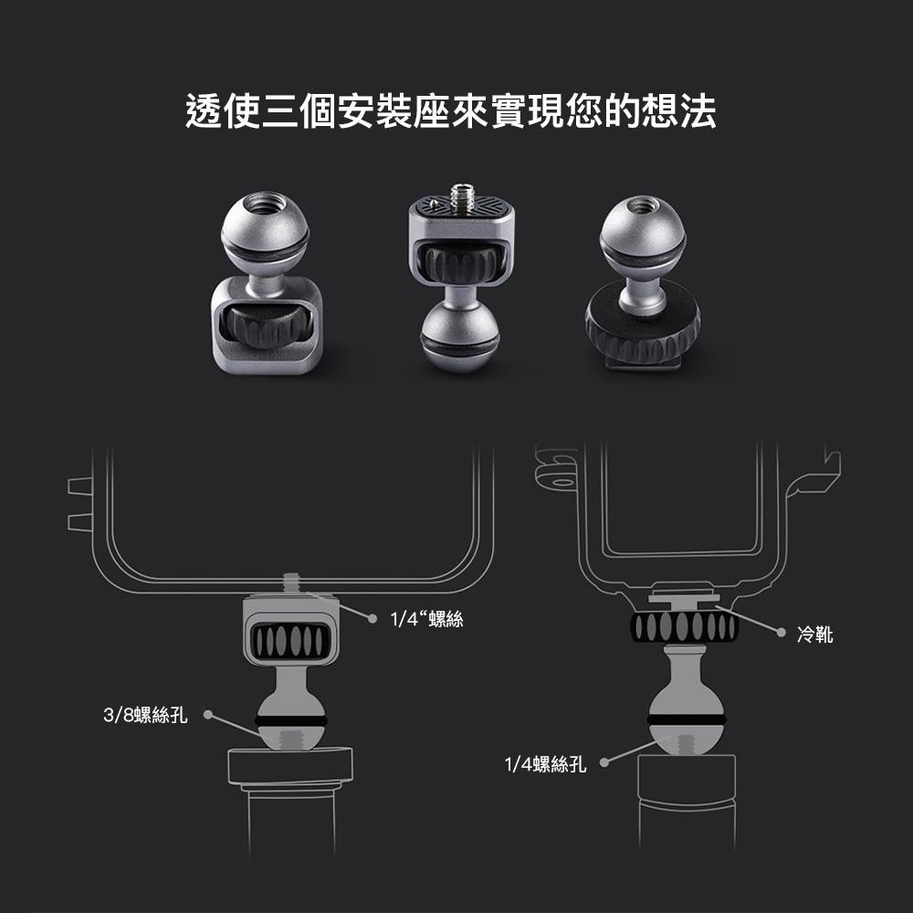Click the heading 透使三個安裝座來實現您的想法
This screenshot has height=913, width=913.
point(450,110)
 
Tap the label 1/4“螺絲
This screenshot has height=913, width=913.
point(426,619)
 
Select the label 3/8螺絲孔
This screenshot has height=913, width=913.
point(145,715)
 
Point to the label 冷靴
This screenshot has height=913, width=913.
point(814,634)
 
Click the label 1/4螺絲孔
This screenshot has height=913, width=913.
point(545,763)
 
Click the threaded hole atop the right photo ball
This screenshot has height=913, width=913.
point(640,205)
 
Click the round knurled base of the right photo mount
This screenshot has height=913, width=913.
point(643,328)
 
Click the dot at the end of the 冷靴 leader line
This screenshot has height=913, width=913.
point(782,632)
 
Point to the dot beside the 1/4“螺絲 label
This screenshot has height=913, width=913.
point(373,618)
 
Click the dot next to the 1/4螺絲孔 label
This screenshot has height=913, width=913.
point(604,762)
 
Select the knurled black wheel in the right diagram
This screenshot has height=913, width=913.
point(684,627)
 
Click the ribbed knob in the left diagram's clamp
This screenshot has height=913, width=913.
point(290,642)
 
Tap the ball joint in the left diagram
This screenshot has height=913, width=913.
point(290,719)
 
